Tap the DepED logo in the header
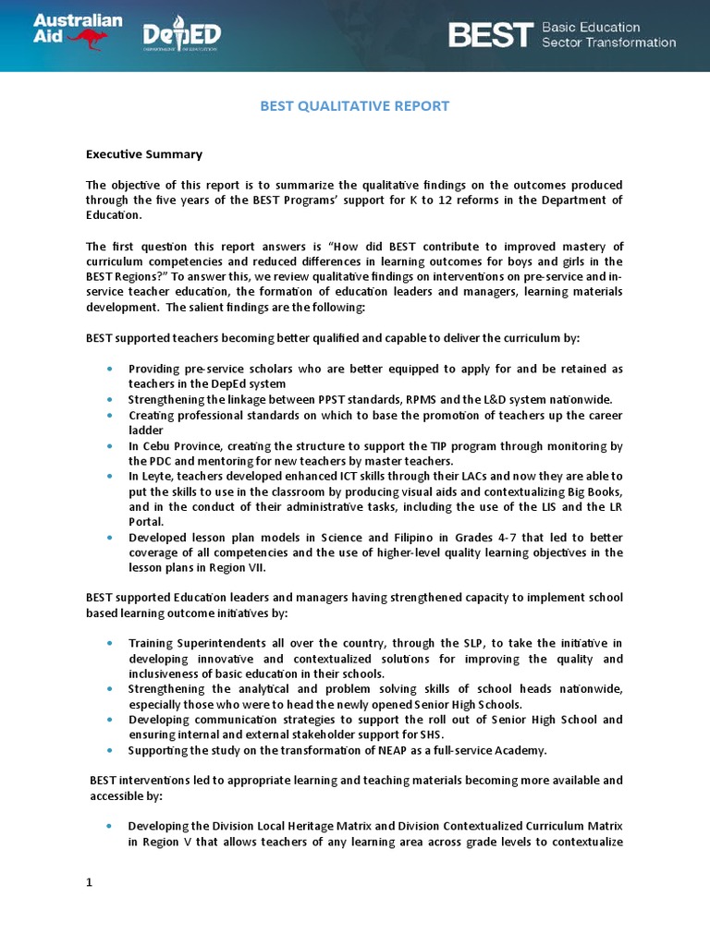point(181,37)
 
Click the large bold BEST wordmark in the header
point(491,35)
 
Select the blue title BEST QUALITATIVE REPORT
point(354,106)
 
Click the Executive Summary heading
point(143,154)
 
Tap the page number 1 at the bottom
point(90,882)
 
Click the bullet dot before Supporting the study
point(110,749)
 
